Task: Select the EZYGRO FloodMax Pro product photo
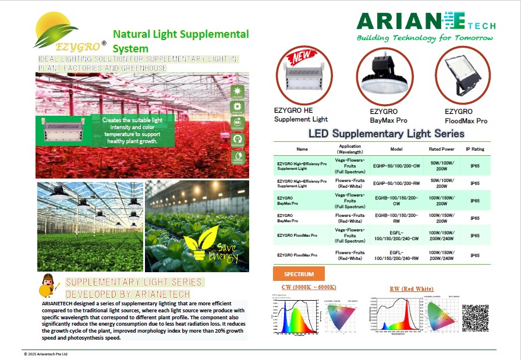[462, 74]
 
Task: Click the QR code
[475, 318]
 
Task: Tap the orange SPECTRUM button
[299, 274]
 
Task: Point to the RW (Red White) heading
[412, 289]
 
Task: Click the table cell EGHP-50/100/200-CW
[396, 166]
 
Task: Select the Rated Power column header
[442, 149]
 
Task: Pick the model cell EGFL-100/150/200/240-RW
[396, 255]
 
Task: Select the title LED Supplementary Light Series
[386, 134]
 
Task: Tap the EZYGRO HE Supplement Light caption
[302, 115]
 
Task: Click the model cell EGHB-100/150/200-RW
[396, 218]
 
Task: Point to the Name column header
[302, 149]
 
